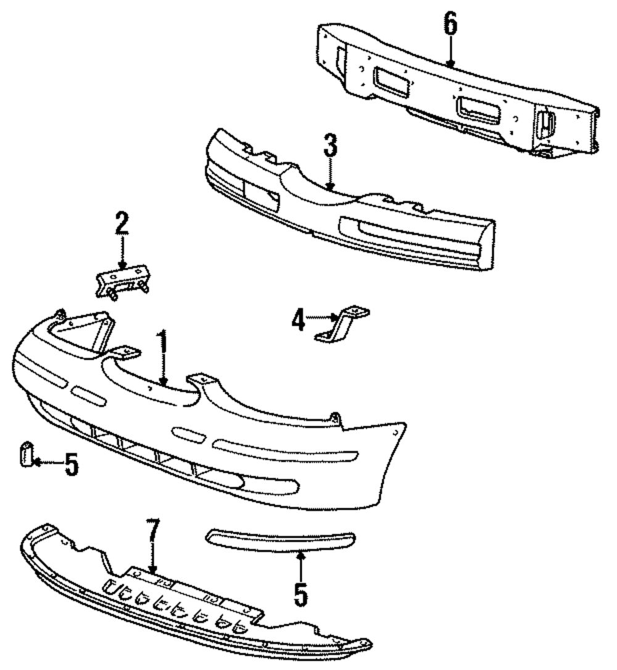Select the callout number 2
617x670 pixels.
pos(122,225)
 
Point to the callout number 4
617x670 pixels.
pos(298,321)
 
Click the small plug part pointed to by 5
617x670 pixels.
pos(25,455)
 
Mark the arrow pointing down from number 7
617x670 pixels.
pos(152,558)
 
